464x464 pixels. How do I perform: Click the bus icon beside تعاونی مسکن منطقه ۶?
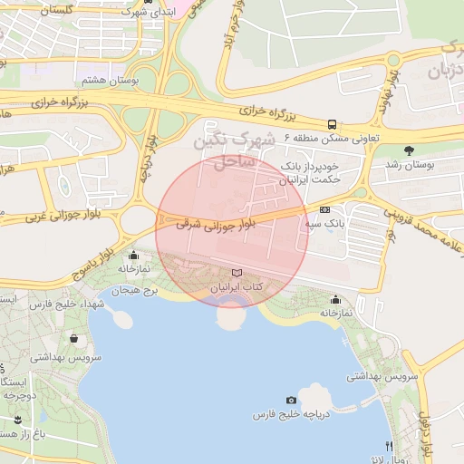point(332,124)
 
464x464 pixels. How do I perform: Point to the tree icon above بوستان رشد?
point(410,150)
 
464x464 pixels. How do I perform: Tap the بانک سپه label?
point(324,222)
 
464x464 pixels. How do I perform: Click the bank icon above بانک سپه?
point(324,209)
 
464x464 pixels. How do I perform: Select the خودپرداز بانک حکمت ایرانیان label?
point(310,174)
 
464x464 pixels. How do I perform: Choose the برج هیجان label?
point(136,291)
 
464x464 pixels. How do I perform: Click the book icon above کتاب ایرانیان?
point(237,273)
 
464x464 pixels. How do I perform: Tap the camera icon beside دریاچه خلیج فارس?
point(291,400)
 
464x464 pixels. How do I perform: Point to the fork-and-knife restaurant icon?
point(390,446)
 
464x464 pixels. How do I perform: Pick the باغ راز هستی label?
point(18,434)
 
